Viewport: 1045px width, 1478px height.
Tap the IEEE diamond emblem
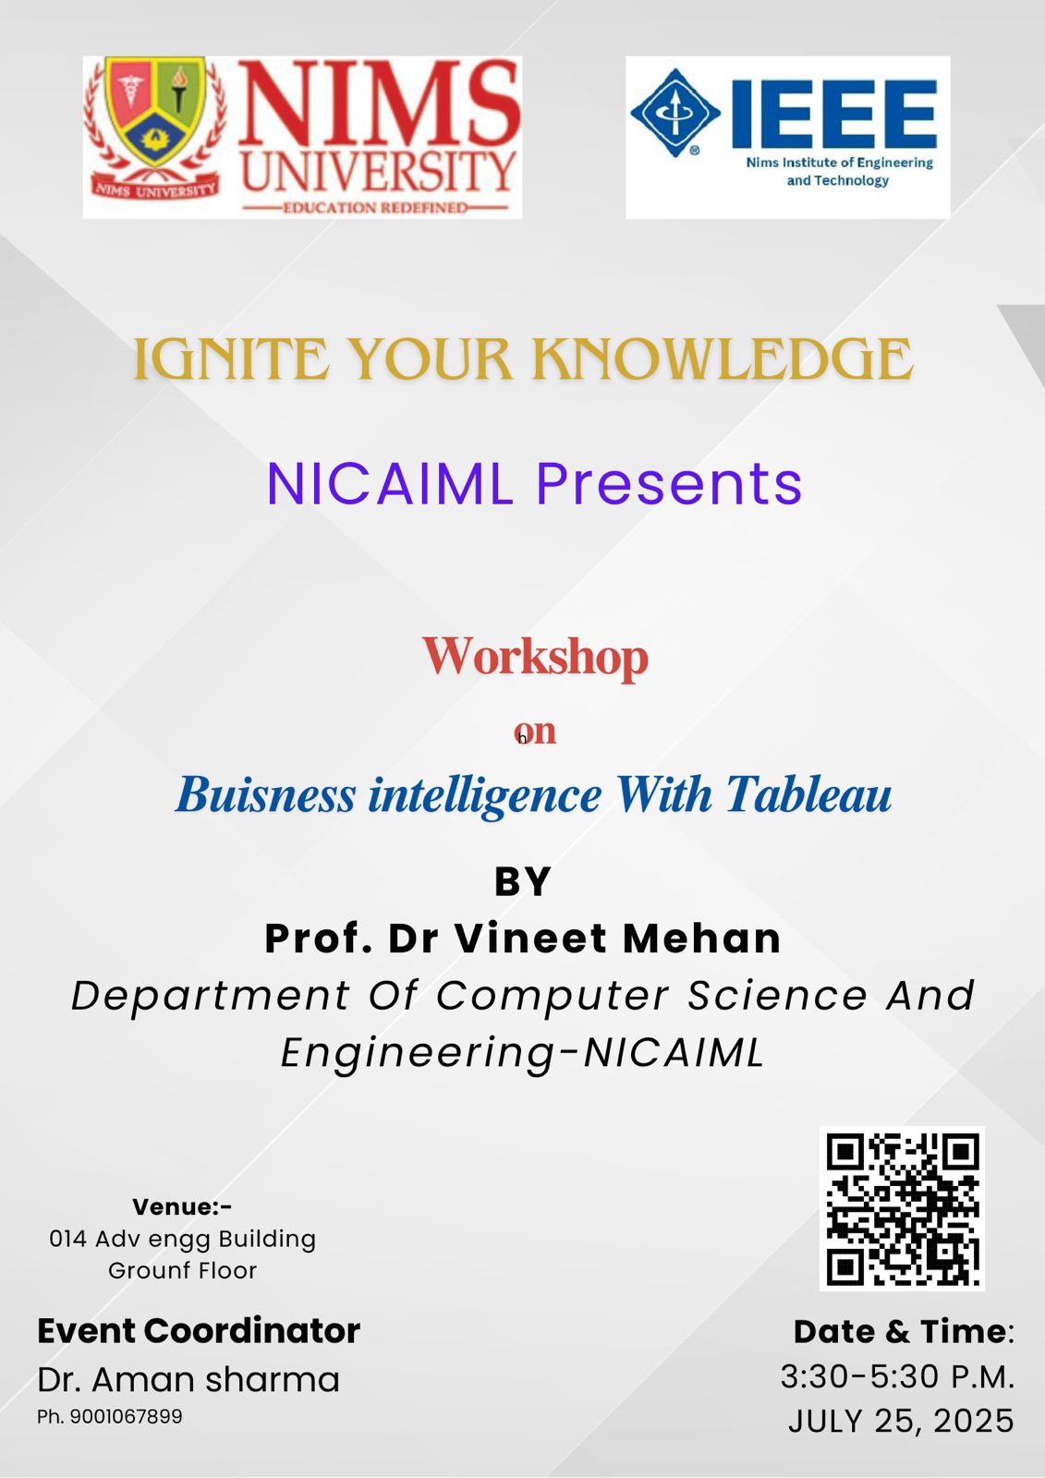[x=674, y=113]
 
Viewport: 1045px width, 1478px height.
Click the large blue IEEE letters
[x=834, y=115]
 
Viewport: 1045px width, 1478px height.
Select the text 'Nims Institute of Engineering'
[x=839, y=163]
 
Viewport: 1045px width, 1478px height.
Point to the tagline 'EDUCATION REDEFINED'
[x=376, y=208]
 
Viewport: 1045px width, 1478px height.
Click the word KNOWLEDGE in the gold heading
[x=723, y=359]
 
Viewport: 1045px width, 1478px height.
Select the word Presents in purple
[x=669, y=484]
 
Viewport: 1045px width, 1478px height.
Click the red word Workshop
[x=535, y=657]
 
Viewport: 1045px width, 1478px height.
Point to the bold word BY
[x=522, y=881]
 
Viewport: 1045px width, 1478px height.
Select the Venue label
[x=182, y=1206]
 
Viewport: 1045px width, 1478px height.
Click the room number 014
[x=68, y=1239]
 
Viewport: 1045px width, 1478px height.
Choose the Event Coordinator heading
[x=199, y=1331]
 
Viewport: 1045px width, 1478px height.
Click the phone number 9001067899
[x=126, y=1416]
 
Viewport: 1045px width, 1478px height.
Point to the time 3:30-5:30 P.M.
[x=897, y=1376]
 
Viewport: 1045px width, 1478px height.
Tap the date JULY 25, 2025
[x=901, y=1421]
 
